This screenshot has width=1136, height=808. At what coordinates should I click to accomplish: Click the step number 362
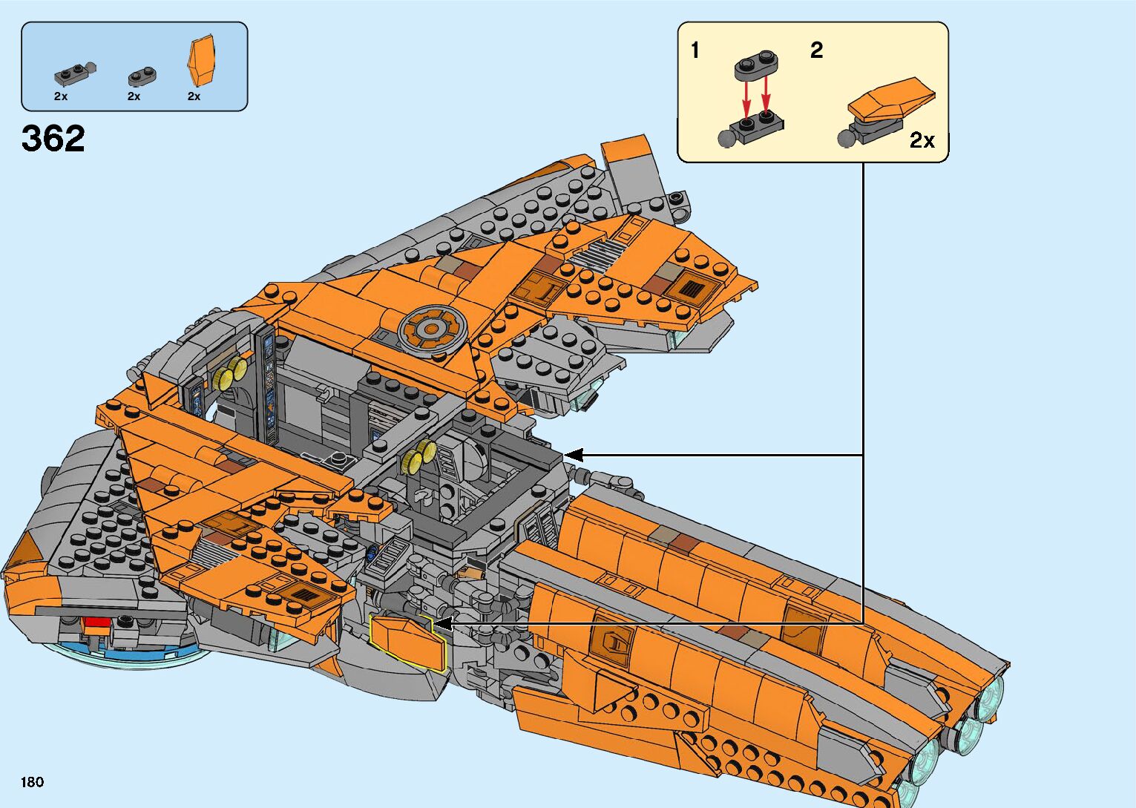(53, 139)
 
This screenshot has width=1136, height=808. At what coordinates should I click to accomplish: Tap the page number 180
(33, 782)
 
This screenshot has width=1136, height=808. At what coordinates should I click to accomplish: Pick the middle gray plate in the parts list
(140, 76)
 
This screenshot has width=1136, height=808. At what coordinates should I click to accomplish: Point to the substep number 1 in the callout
(695, 50)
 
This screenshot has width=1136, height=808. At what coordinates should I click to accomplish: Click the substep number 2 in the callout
(816, 50)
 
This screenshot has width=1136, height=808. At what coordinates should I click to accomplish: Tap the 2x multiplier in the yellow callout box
(922, 140)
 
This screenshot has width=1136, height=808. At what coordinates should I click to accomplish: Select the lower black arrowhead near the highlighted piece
(441, 625)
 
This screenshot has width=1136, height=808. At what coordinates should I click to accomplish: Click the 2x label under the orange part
(194, 96)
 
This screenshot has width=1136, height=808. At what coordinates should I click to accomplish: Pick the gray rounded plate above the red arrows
(758, 65)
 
